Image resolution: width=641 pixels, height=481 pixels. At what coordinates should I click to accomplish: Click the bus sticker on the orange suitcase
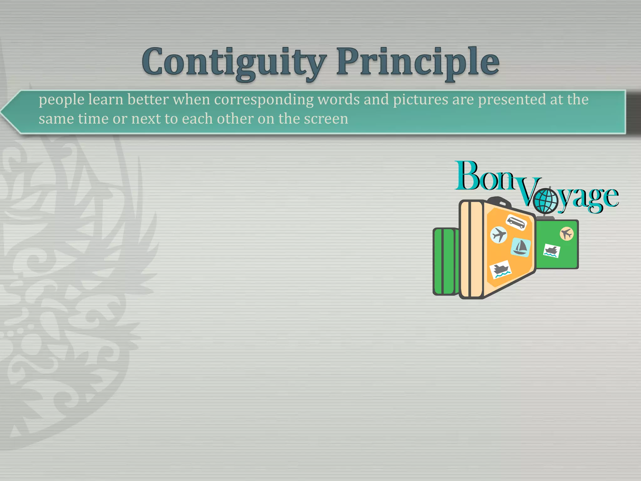tap(516, 223)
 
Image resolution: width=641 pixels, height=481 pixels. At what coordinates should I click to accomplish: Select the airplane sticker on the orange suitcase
tap(499, 235)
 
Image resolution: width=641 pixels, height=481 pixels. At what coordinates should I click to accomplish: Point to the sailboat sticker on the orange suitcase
tap(520, 247)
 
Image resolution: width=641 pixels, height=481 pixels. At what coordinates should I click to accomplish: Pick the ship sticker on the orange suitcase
tap(500, 269)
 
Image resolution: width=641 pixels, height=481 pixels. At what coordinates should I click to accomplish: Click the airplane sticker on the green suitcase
tap(567, 234)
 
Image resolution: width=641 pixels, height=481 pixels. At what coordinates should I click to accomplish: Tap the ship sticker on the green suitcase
tap(551, 251)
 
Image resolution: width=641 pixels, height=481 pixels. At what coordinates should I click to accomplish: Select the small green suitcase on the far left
tap(444, 262)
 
